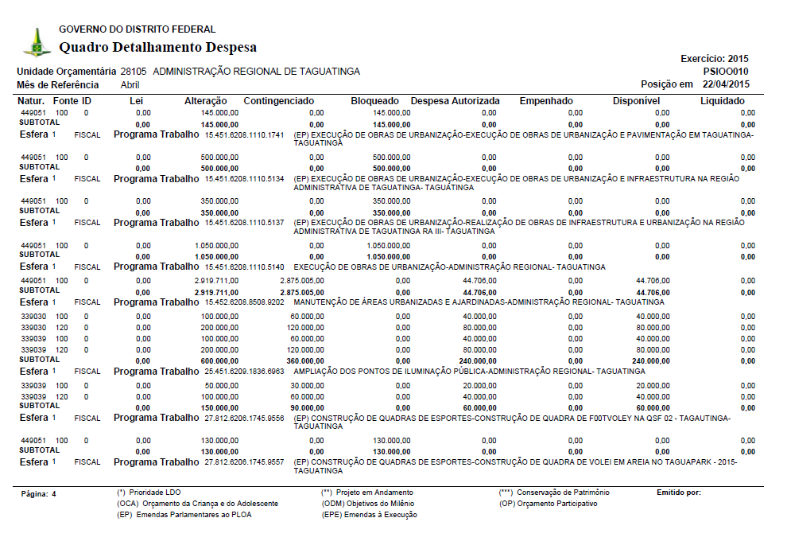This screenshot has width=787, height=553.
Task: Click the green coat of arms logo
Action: click(x=36, y=42)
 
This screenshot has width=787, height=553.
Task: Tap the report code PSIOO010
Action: click(x=726, y=72)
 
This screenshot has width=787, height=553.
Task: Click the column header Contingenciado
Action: click(x=278, y=101)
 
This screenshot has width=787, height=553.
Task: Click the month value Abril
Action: click(x=131, y=84)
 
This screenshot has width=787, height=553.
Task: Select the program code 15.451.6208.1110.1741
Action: click(x=244, y=135)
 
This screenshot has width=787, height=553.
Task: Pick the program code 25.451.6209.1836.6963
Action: click(x=244, y=372)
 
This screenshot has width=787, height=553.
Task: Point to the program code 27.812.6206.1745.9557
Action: click(x=244, y=462)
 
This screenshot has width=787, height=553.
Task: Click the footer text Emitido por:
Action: click(x=678, y=493)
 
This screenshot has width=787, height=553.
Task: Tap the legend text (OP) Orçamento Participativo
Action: click(x=548, y=504)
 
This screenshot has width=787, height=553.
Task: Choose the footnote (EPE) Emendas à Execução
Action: click(x=369, y=515)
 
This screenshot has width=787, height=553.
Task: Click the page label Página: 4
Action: click(x=38, y=494)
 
